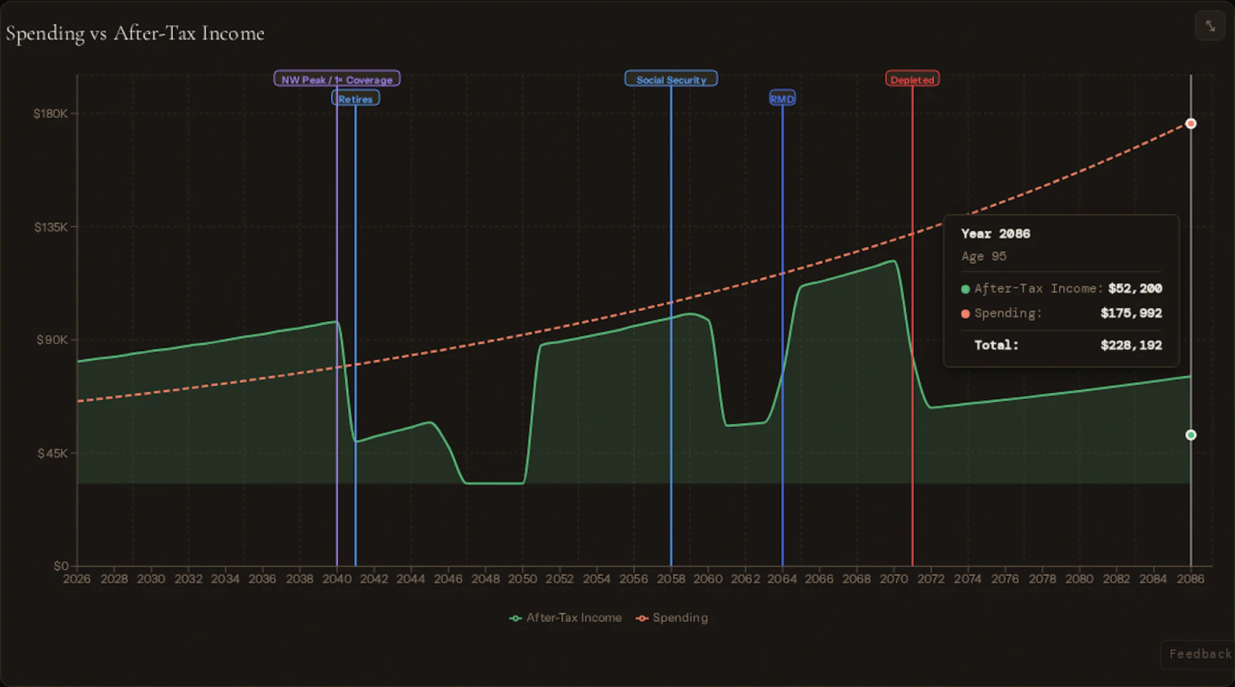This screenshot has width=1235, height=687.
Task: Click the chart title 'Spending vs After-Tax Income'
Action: pyautogui.click(x=135, y=33)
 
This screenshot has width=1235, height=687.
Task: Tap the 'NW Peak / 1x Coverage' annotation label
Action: pyautogui.click(x=337, y=80)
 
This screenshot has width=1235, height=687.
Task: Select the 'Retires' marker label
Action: pyautogui.click(x=355, y=99)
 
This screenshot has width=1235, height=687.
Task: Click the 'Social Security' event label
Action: pyautogui.click(x=671, y=80)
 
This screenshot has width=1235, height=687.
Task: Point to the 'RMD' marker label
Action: pyautogui.click(x=782, y=99)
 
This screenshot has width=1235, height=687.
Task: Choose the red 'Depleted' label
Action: pyautogui.click(x=912, y=80)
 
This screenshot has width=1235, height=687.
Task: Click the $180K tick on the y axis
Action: pyautogui.click(x=50, y=113)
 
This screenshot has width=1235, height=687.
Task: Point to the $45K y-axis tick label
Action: pyautogui.click(x=52, y=453)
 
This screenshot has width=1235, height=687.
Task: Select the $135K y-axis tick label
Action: pyautogui.click(x=50, y=227)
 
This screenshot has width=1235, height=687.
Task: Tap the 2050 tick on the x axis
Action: pyautogui.click(x=523, y=579)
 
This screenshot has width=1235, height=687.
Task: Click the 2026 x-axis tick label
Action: pyautogui.click(x=76, y=579)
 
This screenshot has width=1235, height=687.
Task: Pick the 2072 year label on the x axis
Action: pyautogui.click(x=931, y=579)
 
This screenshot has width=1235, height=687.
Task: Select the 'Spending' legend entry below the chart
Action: pyautogui.click(x=672, y=618)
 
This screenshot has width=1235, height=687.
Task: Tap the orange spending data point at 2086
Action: pyautogui.click(x=1191, y=124)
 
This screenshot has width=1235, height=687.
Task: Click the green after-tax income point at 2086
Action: pyautogui.click(x=1191, y=435)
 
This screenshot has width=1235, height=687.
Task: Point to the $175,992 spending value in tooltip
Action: pyautogui.click(x=1131, y=313)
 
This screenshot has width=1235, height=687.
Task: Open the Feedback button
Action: pyautogui.click(x=1199, y=654)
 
